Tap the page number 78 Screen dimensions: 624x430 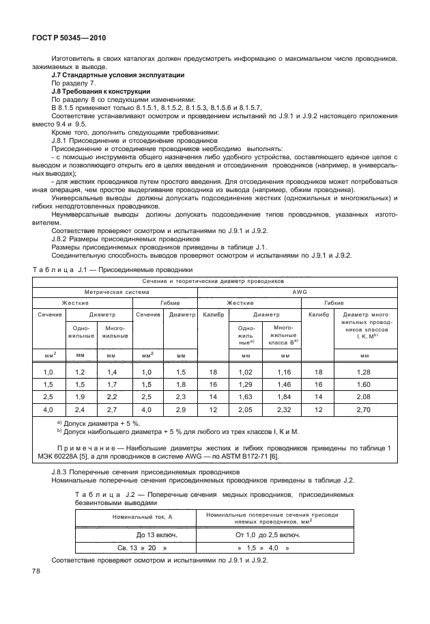pyautogui.click(x=34, y=570)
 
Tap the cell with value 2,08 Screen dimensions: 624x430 pyautogui.click(x=364, y=396)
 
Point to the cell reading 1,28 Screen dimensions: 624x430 pyautogui.click(x=364, y=372)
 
